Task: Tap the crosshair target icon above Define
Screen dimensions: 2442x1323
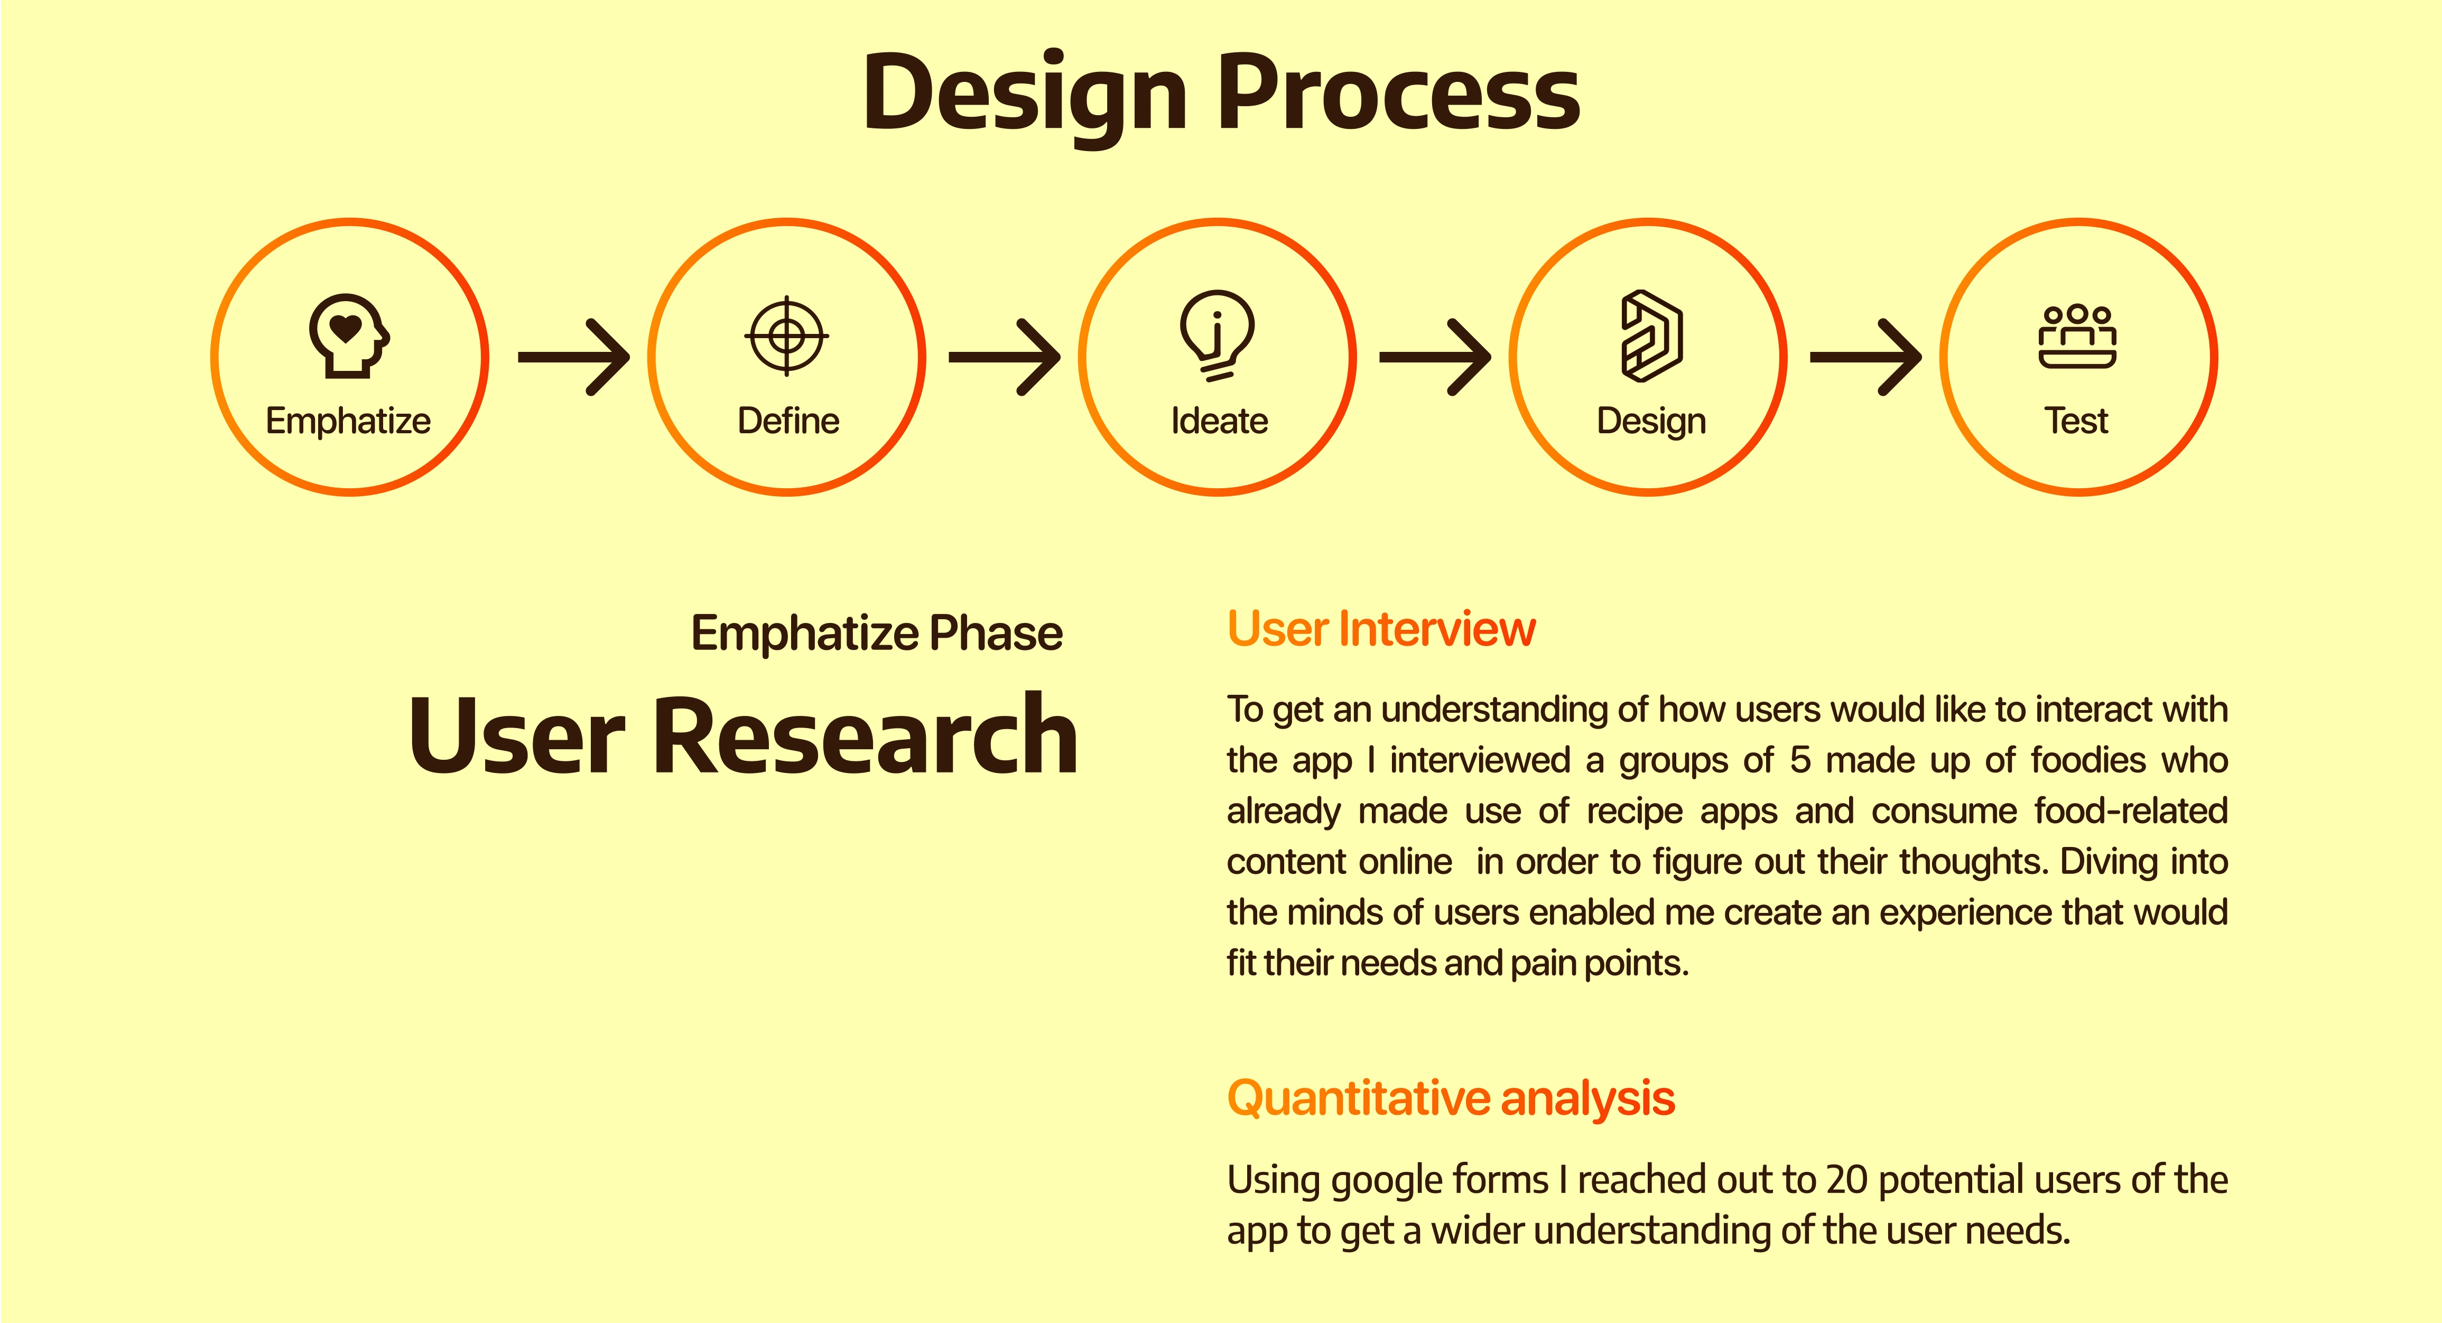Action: point(787,336)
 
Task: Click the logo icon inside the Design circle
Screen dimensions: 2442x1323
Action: point(1651,336)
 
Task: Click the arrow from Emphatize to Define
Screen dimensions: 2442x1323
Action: point(573,357)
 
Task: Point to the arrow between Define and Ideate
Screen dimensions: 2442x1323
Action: point(1005,357)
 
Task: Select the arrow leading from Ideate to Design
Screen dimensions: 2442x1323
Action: point(1435,357)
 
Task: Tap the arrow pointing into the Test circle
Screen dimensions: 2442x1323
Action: point(1865,357)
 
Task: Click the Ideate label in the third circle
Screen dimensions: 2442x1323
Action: point(1219,420)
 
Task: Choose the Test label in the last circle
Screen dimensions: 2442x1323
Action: point(2076,420)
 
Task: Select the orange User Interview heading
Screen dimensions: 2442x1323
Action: point(1381,628)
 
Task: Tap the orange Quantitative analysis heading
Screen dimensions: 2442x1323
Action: point(1451,1098)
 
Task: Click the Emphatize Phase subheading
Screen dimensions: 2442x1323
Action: point(877,633)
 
